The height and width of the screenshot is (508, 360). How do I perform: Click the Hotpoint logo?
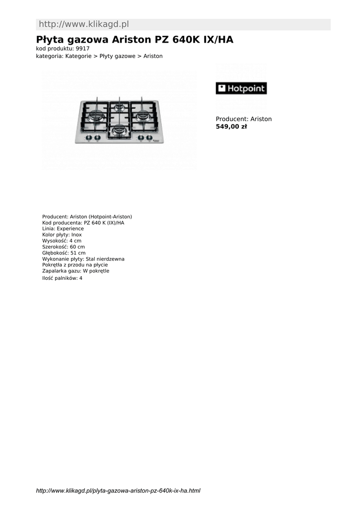(241, 88)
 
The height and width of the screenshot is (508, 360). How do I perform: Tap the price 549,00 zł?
(231, 127)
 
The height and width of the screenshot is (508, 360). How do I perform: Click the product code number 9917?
(83, 49)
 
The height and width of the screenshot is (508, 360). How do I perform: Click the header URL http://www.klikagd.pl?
(84, 24)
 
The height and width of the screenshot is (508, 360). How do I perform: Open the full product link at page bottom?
(118, 491)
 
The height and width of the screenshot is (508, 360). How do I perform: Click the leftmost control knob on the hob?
(89, 138)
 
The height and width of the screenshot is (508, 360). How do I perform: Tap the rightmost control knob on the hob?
(149, 138)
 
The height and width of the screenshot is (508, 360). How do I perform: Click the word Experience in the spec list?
(71, 229)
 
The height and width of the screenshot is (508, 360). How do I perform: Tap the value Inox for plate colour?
(76, 235)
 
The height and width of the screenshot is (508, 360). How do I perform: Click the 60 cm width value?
(77, 247)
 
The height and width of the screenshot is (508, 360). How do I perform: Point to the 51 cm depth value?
(78, 253)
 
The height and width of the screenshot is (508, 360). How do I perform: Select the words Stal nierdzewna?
(105, 259)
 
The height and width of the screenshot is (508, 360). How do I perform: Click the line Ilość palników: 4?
(62, 278)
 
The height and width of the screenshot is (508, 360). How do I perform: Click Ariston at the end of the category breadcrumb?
(153, 56)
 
